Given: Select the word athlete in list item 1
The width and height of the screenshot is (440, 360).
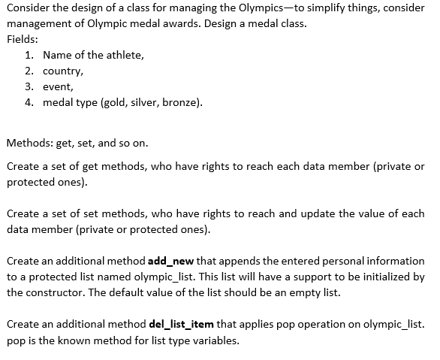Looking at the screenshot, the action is coord(122,55).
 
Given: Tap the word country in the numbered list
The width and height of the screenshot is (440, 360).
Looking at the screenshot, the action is coord(62,71).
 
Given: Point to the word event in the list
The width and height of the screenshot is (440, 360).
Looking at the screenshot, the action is coord(58,86).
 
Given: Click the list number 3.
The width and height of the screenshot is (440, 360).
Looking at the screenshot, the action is coord(28,86).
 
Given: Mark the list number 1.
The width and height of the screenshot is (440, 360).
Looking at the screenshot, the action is coord(28,55).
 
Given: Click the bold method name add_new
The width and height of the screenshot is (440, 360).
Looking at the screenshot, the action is coord(171,261).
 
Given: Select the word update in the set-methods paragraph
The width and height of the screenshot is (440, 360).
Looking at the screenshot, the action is coord(294,213).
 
